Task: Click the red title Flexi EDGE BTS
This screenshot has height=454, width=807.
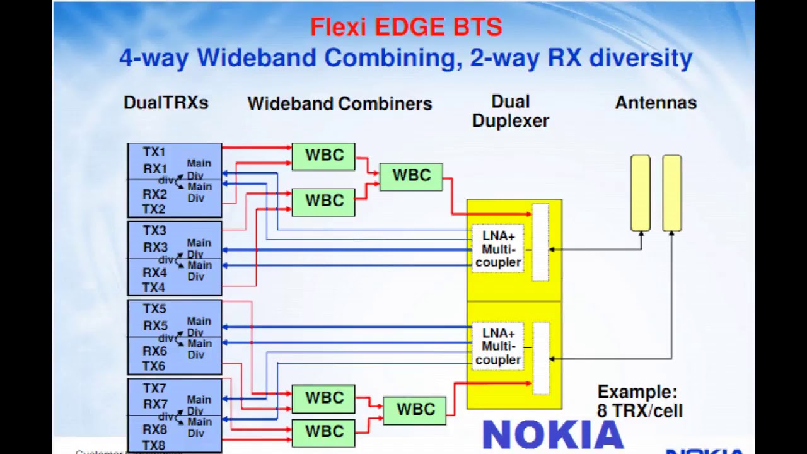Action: point(406,28)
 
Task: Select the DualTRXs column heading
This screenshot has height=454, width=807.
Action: point(166,103)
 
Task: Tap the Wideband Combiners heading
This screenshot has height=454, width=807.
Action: point(339,103)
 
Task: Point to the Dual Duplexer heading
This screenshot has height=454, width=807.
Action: point(510,112)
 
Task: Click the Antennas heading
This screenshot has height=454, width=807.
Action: point(656,103)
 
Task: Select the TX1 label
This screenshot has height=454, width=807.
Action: point(154,152)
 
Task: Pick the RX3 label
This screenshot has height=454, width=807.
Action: point(155,247)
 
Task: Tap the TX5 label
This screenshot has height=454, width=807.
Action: point(154,309)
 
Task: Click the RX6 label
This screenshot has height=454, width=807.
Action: point(154,351)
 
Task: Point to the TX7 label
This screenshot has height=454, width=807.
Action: point(154,388)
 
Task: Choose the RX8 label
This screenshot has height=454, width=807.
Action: point(154,429)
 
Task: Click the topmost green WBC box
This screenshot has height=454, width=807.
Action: point(323,156)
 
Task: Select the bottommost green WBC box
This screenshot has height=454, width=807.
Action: point(323,433)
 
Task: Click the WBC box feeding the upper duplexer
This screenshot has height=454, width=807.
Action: point(411,176)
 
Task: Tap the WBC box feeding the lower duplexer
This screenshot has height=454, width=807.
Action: point(415,410)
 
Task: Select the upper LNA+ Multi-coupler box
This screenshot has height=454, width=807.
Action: point(498,249)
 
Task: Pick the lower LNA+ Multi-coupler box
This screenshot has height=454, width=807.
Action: point(498,346)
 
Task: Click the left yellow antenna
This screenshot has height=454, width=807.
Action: point(641,193)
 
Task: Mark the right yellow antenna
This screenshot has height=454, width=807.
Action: point(672,193)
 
